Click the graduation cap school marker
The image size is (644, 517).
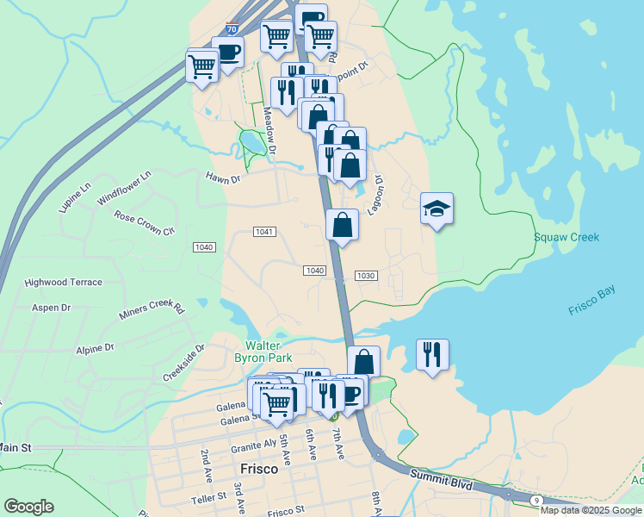click(x=437, y=208)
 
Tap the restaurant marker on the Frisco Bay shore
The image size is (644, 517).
click(x=432, y=354)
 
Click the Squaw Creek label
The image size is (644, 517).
click(x=566, y=237)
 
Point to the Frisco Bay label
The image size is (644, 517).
click(x=591, y=302)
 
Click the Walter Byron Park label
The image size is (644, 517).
click(x=263, y=352)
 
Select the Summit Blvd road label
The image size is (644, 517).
click(x=441, y=480)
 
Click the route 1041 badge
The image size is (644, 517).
click(x=265, y=232)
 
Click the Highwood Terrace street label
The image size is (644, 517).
click(x=63, y=283)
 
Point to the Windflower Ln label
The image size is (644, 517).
click(x=124, y=188)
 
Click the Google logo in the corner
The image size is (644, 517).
click(x=28, y=507)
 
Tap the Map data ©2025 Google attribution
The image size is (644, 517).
click(x=591, y=511)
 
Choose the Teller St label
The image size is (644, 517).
click(x=207, y=498)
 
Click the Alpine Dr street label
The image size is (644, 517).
click(x=95, y=349)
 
